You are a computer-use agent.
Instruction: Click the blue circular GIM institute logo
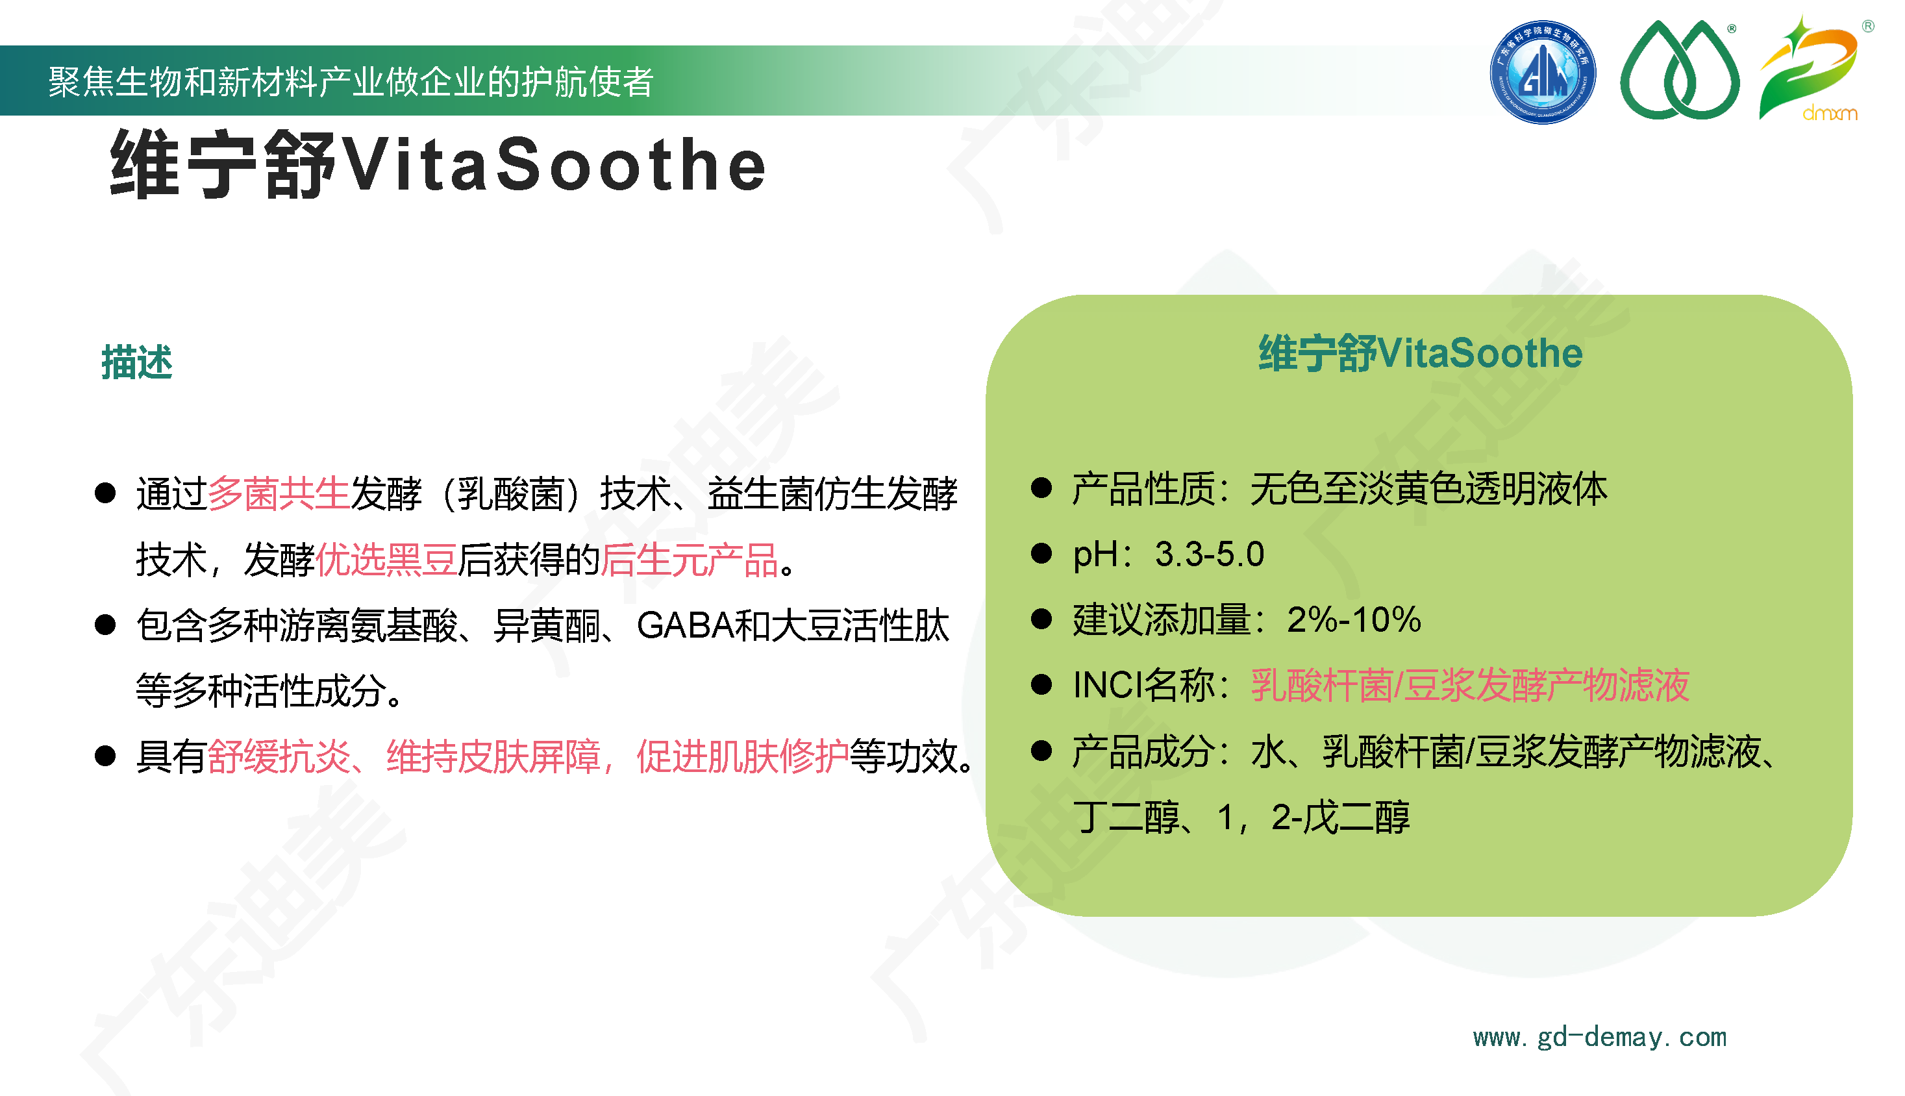tap(1542, 72)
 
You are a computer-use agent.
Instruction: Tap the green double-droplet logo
tap(1679, 70)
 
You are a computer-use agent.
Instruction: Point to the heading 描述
tap(137, 362)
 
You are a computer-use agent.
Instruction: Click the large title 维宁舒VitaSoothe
tap(438, 164)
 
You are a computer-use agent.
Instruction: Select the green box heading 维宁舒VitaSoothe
tap(1420, 353)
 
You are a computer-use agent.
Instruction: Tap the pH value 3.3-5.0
tap(1210, 554)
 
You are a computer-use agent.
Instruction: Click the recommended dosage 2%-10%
tap(1354, 619)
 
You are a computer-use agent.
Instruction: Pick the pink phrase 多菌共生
tap(279, 494)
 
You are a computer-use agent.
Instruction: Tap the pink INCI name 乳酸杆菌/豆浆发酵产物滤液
tap(1470, 685)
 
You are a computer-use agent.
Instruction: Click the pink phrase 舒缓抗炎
tap(279, 756)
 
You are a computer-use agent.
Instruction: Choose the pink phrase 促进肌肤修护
tap(742, 756)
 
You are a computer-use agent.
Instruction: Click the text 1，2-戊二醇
tap(1313, 817)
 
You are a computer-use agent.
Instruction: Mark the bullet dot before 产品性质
tap(1041, 488)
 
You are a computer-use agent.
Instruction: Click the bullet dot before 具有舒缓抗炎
tap(105, 756)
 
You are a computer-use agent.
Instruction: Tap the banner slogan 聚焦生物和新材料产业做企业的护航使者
tap(351, 81)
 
